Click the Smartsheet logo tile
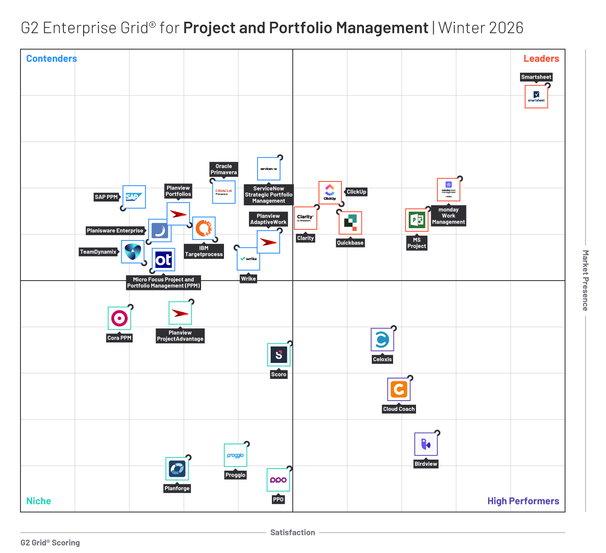(536, 97)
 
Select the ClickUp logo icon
(330, 193)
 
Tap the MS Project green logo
(416, 220)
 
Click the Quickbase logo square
(350, 223)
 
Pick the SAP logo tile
(134, 197)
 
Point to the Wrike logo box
(249, 259)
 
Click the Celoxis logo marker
(382, 340)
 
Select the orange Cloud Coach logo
(399, 389)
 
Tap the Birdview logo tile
(426, 444)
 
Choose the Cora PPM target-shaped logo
(119, 318)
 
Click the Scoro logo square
(279, 355)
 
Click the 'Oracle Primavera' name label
(224, 169)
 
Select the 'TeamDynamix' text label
(98, 252)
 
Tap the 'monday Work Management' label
(448, 216)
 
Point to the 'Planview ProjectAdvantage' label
(180, 336)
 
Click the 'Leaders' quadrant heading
(541, 59)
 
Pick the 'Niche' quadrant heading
(38, 501)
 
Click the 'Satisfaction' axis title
(292, 533)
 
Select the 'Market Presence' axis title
(586, 281)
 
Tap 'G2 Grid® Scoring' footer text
(50, 543)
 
